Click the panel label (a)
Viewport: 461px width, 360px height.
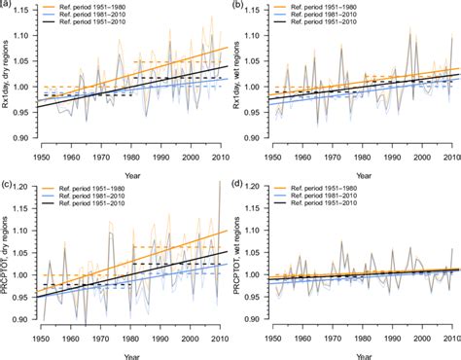point(7,5)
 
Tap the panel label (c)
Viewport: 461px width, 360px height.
point(7,184)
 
